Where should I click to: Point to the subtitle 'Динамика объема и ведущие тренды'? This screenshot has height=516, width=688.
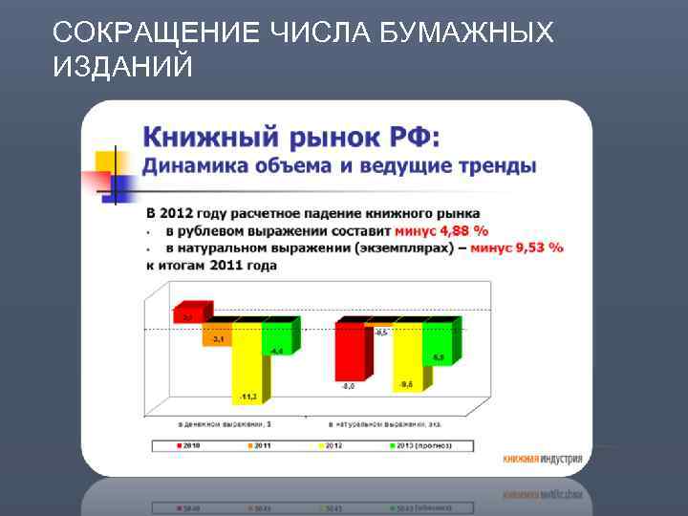click(339, 165)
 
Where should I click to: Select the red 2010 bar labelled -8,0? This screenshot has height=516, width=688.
click(350, 354)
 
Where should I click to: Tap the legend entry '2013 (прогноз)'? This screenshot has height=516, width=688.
click(425, 445)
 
